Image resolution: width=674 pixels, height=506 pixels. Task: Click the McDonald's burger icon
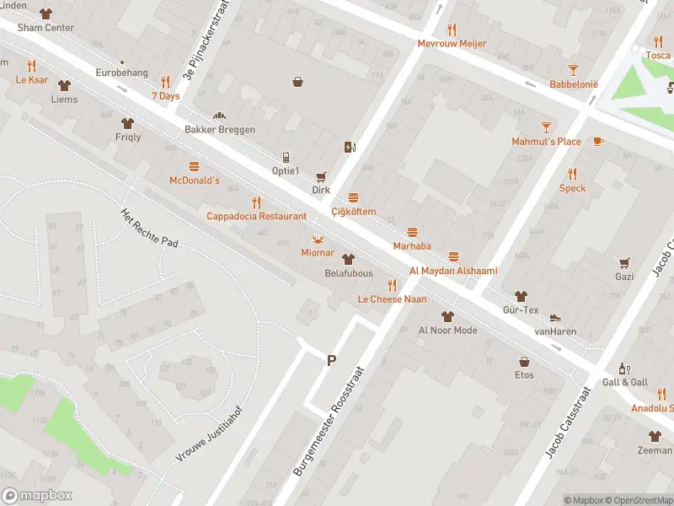point(195,166)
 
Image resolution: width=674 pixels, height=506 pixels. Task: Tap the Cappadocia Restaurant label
point(257,216)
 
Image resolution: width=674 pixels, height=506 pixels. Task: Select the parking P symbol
point(331,360)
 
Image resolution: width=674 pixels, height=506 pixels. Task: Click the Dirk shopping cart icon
point(320,176)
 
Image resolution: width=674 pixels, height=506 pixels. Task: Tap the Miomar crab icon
point(318,239)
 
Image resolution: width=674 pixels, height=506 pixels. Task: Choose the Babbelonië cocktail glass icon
point(573,70)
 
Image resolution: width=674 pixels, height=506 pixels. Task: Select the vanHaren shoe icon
point(555,318)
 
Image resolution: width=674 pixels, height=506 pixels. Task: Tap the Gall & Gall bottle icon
point(624,369)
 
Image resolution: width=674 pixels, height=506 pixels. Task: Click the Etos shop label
point(525,375)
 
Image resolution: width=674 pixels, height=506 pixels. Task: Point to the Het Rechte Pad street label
point(150,228)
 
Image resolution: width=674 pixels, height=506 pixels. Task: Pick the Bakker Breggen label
point(220,130)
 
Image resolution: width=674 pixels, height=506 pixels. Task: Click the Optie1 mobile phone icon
point(286,157)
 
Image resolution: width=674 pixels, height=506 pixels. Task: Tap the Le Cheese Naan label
point(392,299)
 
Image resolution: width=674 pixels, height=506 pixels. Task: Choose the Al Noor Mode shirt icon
point(447,316)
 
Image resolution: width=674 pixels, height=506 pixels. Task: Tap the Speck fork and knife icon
point(572,174)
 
